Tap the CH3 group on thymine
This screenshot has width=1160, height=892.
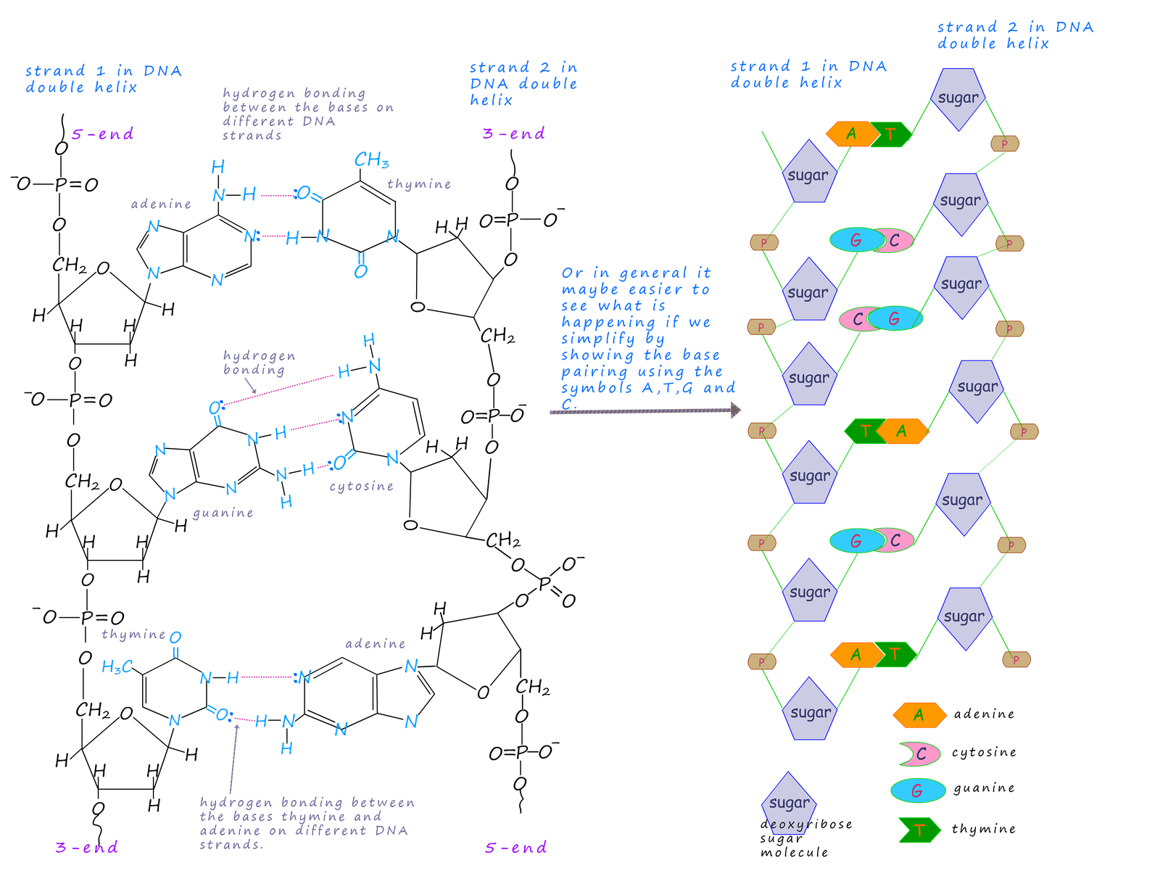(x=371, y=160)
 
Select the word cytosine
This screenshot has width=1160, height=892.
(x=361, y=486)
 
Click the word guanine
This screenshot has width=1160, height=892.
(x=223, y=513)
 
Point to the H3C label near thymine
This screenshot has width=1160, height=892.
(x=117, y=666)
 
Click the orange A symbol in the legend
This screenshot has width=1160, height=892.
(x=919, y=715)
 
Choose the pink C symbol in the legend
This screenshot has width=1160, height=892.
(x=920, y=754)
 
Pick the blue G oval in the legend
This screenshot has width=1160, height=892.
(x=917, y=791)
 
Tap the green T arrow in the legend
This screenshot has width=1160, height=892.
(x=919, y=830)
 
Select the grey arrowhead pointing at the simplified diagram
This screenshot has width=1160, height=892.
(x=736, y=410)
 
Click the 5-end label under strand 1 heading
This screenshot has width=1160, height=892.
(x=102, y=134)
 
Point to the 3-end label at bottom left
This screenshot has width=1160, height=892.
(x=87, y=848)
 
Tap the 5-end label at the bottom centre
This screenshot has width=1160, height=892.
(x=515, y=848)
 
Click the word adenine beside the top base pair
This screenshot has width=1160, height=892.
(x=161, y=204)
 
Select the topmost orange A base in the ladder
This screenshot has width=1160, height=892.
(x=850, y=134)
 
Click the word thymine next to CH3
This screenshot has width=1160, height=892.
(x=419, y=184)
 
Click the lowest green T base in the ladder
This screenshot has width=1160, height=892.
(x=895, y=654)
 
